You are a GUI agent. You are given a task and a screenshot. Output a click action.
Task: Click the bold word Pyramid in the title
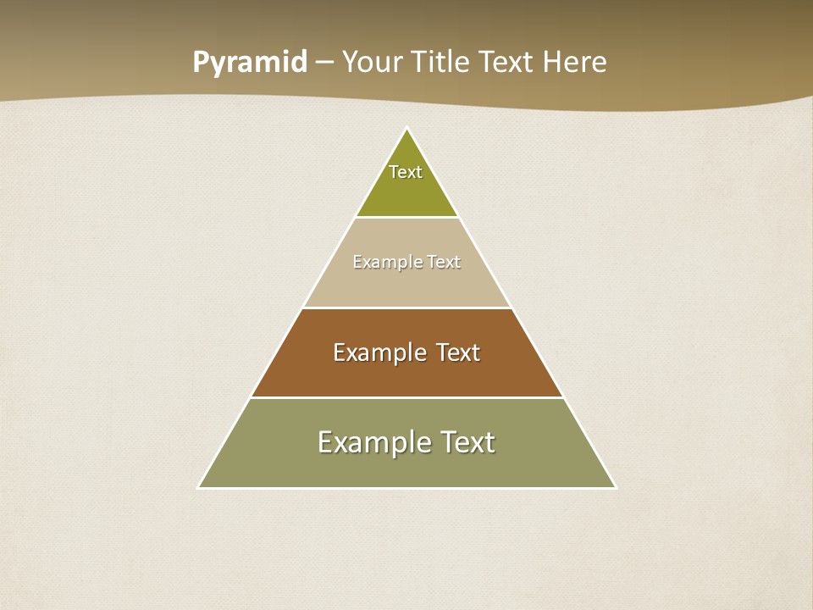click(250, 63)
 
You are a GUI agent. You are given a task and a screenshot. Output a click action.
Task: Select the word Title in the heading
click(441, 62)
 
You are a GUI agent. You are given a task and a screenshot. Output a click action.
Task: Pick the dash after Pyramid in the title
click(324, 63)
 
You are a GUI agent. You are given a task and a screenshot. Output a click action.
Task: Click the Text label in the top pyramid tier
click(406, 172)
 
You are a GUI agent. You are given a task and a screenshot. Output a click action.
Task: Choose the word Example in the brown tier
click(379, 352)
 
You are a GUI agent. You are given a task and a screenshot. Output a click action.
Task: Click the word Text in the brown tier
click(457, 352)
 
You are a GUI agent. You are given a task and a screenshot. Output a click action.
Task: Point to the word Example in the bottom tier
click(374, 442)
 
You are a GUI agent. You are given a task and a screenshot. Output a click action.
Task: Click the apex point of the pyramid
click(406, 129)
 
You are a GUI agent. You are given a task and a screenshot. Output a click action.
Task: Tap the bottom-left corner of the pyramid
click(199, 487)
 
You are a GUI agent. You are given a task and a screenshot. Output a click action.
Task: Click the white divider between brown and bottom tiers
click(406, 397)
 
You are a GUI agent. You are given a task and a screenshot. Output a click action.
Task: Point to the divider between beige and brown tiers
click(406, 308)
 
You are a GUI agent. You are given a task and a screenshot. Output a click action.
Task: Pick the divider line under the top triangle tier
click(406, 217)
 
